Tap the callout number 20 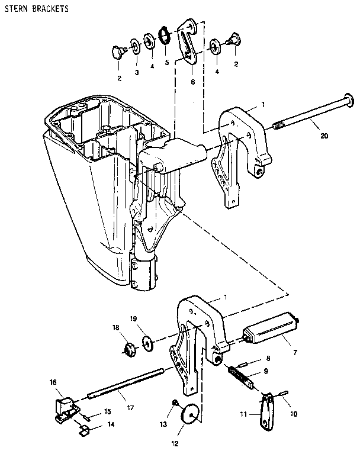323,136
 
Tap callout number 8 268,359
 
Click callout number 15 107,411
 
